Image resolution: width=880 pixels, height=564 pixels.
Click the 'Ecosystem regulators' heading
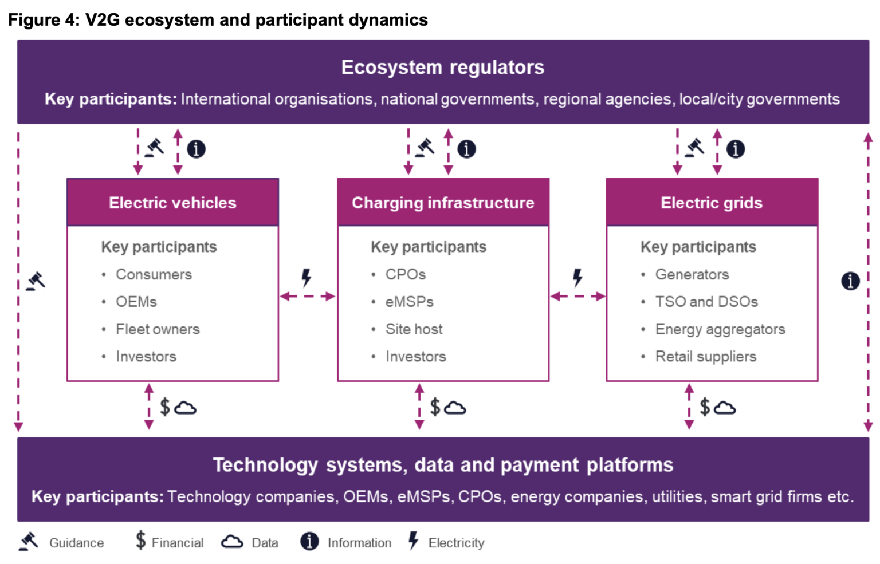coord(442,68)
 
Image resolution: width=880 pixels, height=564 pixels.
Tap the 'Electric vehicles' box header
coord(172,203)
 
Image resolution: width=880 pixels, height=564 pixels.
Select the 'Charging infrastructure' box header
coord(443,203)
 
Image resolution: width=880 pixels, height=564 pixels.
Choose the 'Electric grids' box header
coord(712,203)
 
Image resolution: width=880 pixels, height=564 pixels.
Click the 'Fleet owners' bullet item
coord(158,329)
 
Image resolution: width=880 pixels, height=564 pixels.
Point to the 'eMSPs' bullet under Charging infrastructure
coord(409,302)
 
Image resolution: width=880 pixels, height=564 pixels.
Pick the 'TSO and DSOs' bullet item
coord(706,302)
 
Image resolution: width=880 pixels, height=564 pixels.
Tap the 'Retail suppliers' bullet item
coord(705,357)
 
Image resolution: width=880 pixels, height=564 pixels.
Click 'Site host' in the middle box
coord(414,329)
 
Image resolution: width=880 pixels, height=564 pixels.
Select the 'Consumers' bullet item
coord(154,274)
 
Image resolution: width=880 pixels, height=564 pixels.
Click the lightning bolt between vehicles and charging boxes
coord(307,278)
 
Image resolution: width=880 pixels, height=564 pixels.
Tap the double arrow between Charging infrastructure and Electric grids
coord(577,296)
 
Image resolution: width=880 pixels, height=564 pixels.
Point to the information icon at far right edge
coord(850,281)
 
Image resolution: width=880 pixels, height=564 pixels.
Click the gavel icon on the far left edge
coord(36,281)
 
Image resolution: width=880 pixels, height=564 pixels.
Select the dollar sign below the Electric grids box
coord(705,407)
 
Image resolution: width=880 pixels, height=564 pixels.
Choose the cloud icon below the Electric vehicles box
coord(185,408)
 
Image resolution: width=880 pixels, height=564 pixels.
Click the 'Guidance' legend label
coord(76,543)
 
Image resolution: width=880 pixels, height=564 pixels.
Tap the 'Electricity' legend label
coord(456,543)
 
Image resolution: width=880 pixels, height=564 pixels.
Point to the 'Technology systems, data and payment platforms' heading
coord(443,465)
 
